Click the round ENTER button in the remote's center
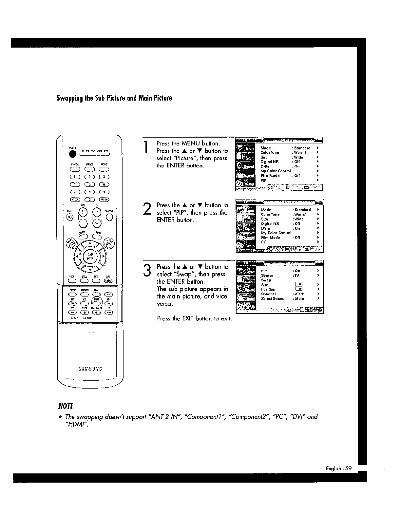click(x=89, y=256)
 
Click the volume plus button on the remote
click(x=83, y=212)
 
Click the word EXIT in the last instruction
click(x=188, y=318)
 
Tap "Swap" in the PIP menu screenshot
click(x=266, y=280)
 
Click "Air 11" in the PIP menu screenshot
click(x=300, y=294)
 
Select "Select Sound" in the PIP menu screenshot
click(x=273, y=298)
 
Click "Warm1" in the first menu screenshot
click(x=300, y=153)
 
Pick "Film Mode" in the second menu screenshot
click(x=270, y=238)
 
